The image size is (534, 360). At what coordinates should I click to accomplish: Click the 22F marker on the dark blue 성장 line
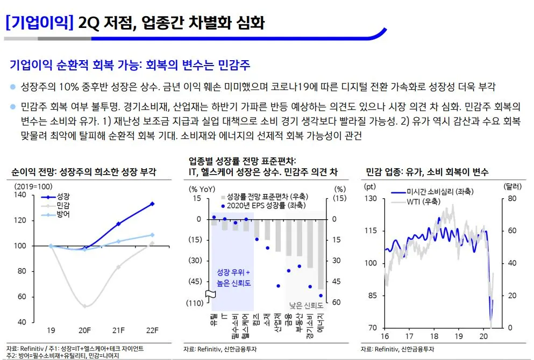[152, 204]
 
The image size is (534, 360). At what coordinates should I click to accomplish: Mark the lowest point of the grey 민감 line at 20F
[84, 306]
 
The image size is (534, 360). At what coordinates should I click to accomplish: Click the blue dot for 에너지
[321, 295]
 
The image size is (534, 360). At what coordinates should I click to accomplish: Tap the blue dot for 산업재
[278, 286]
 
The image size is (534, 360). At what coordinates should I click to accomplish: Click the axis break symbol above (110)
[211, 294]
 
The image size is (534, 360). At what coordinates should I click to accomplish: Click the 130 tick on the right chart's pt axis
[371, 198]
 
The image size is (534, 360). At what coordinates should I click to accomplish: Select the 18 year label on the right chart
[433, 336]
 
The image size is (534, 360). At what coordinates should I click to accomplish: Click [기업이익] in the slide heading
[39, 22]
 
